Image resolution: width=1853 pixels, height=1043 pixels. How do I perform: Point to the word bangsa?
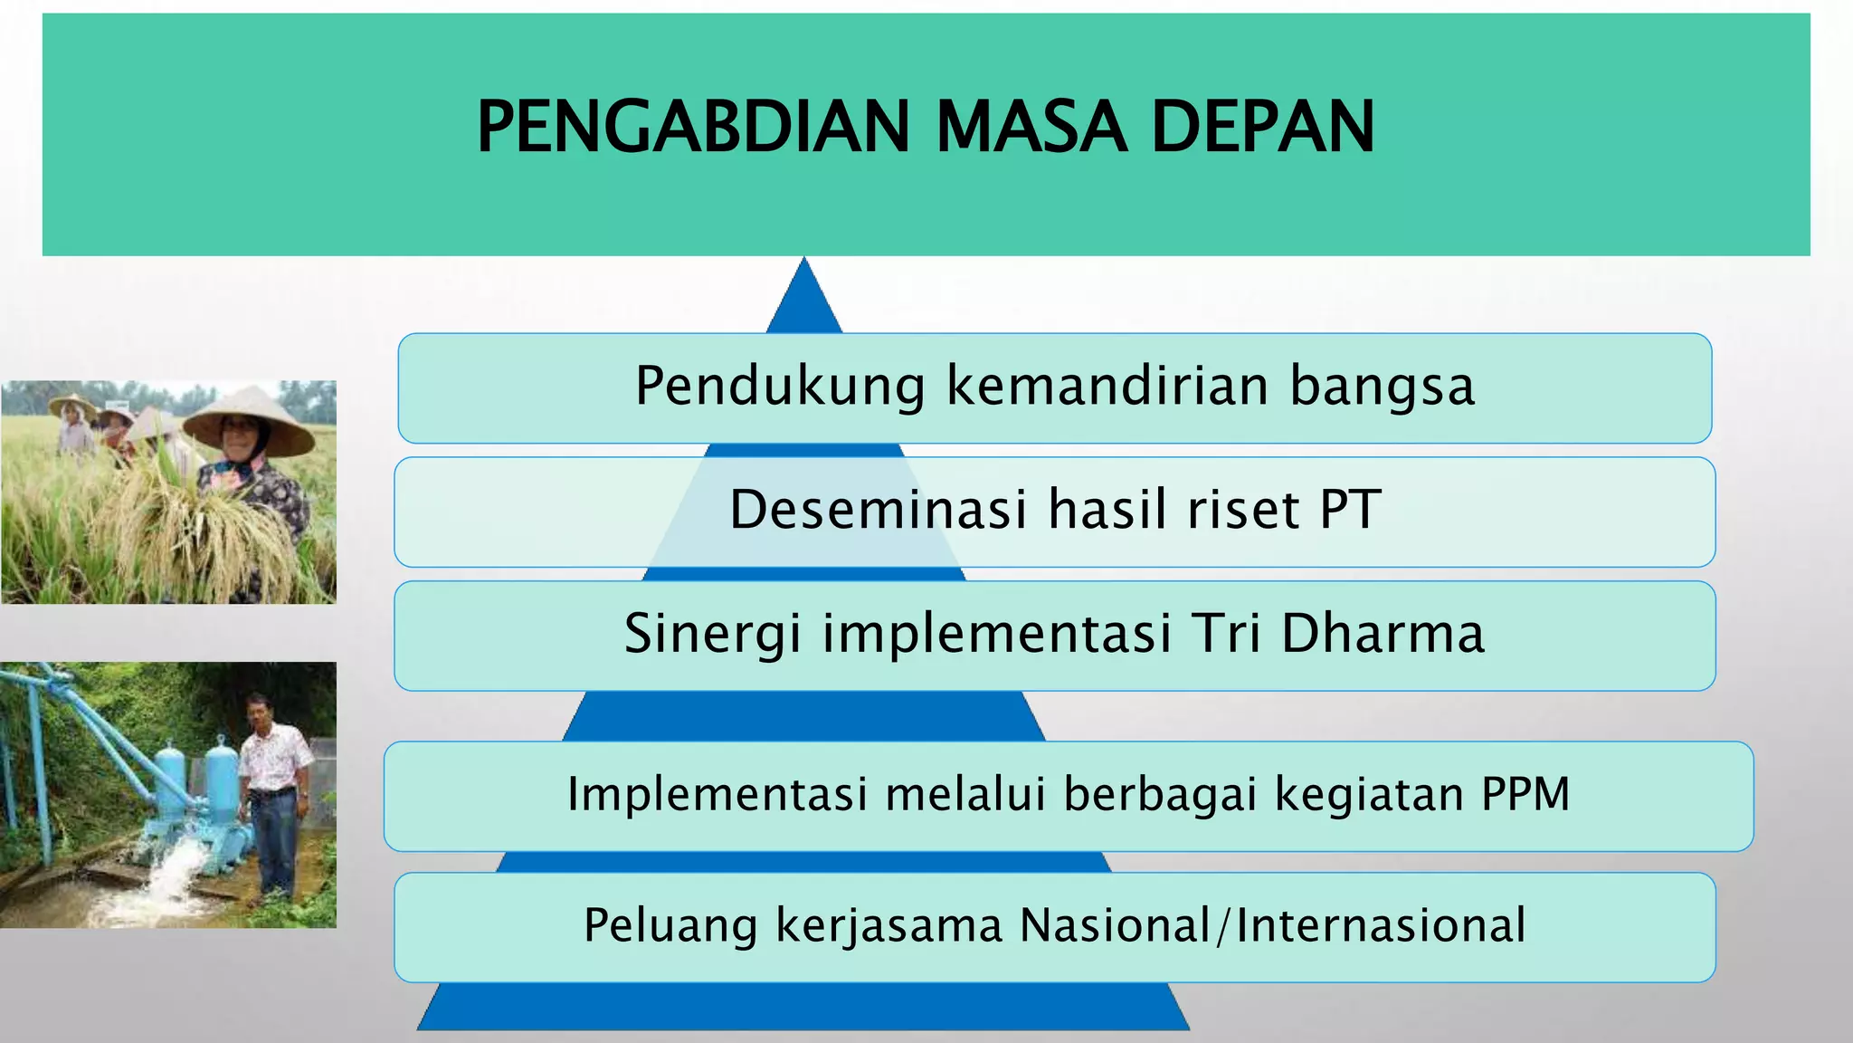[1382, 387]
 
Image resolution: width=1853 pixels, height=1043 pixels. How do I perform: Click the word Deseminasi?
[879, 510]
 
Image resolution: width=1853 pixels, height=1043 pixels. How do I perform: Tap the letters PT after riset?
[1350, 510]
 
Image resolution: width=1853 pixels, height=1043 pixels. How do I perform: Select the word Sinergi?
[712, 634]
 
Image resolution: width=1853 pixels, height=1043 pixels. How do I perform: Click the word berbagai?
[1160, 796]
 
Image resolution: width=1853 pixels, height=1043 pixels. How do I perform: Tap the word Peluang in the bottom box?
[670, 926]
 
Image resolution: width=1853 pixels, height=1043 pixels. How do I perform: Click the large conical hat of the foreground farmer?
[248, 416]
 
